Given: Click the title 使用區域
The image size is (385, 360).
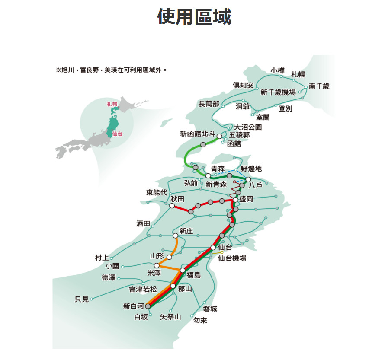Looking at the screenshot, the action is pyautogui.click(x=194, y=17).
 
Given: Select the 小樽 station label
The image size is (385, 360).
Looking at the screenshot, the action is pyautogui.click(x=278, y=70).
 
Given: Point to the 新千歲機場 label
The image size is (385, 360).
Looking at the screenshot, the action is pyautogui.click(x=278, y=92).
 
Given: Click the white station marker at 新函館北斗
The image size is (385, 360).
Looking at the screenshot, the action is pyautogui.click(x=219, y=136).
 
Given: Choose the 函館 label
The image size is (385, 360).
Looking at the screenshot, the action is pyautogui.click(x=234, y=143).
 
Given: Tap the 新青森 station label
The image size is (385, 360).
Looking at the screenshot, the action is pyautogui.click(x=216, y=184).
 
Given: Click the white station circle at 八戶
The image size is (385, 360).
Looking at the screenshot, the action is pyautogui.click(x=248, y=179).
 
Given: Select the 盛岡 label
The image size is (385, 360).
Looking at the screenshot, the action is pyautogui.click(x=246, y=199).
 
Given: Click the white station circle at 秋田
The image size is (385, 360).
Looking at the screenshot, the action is pyautogui.click(x=172, y=206).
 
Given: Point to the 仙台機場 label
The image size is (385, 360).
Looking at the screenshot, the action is pyautogui.click(x=232, y=258).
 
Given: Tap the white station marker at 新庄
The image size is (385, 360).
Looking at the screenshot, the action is pyautogui.click(x=175, y=236).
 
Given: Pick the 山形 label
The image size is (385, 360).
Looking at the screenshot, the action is pyautogui.click(x=157, y=256).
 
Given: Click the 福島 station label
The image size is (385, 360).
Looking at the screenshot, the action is pyautogui.click(x=194, y=275).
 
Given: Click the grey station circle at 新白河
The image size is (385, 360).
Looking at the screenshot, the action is pyautogui.click(x=148, y=306).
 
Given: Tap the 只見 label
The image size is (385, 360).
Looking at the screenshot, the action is pyautogui.click(x=82, y=299).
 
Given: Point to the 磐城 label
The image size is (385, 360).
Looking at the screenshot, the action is pyautogui.click(x=210, y=308).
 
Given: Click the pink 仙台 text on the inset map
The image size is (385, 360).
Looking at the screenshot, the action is pyautogui.click(x=117, y=134).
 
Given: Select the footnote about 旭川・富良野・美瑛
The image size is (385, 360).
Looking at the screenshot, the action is pyautogui.click(x=111, y=69).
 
